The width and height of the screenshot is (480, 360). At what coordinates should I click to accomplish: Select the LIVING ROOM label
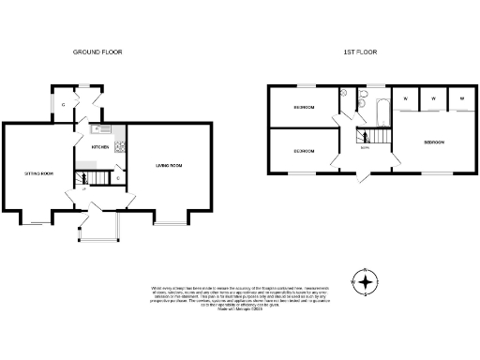168,166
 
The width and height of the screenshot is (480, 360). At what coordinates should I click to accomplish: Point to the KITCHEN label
99,147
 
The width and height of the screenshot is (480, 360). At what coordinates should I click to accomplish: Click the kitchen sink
102,128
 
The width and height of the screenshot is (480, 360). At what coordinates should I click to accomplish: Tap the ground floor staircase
90,175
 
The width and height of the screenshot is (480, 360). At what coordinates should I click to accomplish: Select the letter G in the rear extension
63,105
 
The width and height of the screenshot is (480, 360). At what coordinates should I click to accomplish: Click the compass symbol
365,280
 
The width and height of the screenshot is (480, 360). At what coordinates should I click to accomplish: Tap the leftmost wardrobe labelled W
405,98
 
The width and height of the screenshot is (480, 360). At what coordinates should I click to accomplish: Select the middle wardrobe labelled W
434,98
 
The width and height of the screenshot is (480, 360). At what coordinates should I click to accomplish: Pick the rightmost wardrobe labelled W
462,98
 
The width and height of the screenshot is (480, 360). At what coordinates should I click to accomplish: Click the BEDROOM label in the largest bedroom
433,142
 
